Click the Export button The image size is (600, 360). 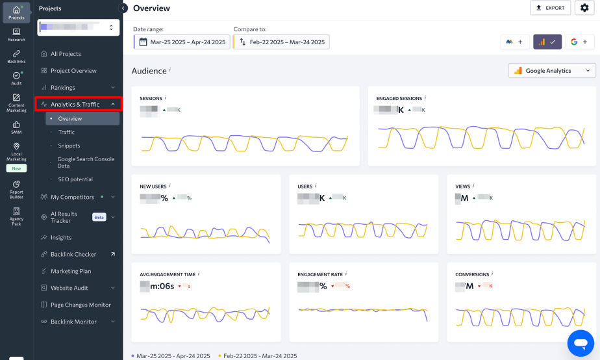(550, 8)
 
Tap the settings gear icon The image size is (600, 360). (584, 8)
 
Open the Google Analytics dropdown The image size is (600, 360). (552, 71)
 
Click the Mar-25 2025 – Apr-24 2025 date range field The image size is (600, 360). (181, 42)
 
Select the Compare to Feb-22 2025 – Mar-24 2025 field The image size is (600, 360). (281, 42)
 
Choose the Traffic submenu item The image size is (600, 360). (66, 132)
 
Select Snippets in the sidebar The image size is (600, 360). (69, 146)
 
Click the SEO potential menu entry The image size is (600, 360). (75, 179)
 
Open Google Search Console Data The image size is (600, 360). (86, 162)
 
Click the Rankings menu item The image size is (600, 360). (63, 87)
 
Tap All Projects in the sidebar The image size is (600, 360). (66, 54)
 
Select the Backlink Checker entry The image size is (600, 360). (73, 254)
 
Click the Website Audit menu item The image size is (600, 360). (69, 288)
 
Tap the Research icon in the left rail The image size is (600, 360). (16, 34)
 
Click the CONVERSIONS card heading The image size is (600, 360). (472, 275)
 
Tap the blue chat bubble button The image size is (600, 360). (581, 342)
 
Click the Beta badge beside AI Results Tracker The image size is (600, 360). (99, 217)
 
